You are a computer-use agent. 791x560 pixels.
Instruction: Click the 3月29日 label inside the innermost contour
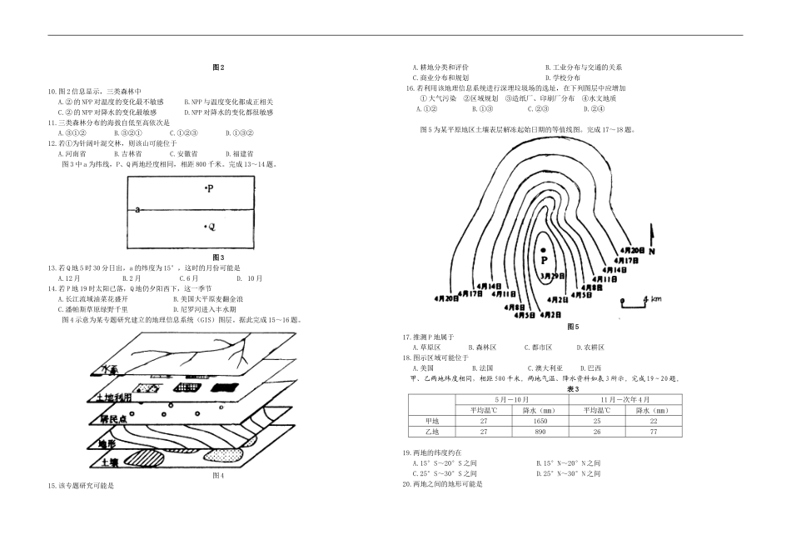coord(551,275)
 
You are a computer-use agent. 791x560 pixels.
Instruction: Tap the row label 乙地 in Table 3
coord(431,432)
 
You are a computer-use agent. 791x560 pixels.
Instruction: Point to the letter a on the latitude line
coord(137,210)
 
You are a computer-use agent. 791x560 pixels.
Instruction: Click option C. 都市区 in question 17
coord(538,347)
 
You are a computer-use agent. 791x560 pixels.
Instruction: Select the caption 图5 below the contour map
coord(571,325)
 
